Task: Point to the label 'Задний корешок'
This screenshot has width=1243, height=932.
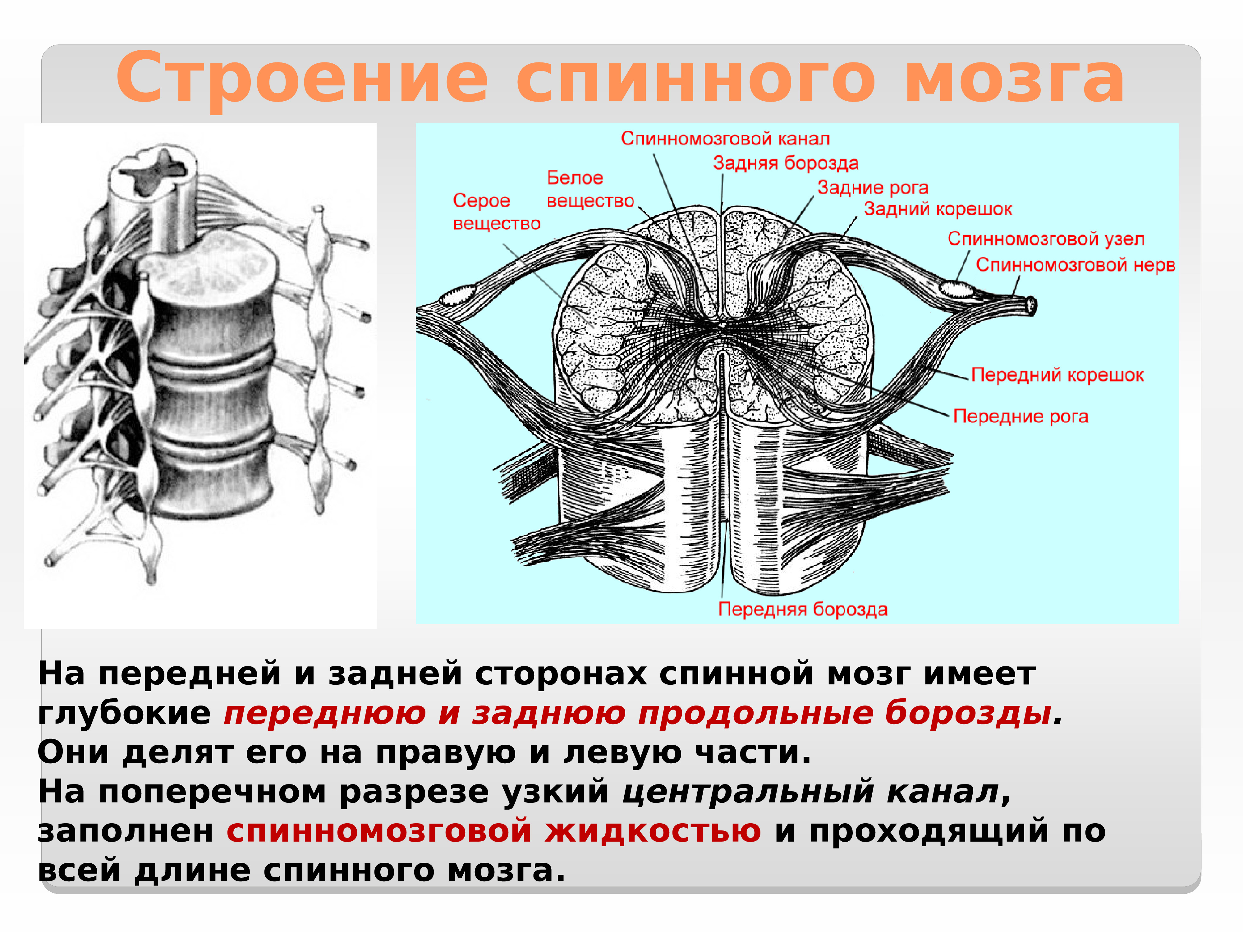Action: pos(938,209)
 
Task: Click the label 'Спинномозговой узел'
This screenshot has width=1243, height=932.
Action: pos(1046,239)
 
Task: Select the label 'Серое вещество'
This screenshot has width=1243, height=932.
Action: pos(496,212)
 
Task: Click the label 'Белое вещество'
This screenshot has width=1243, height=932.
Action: pos(590,189)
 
